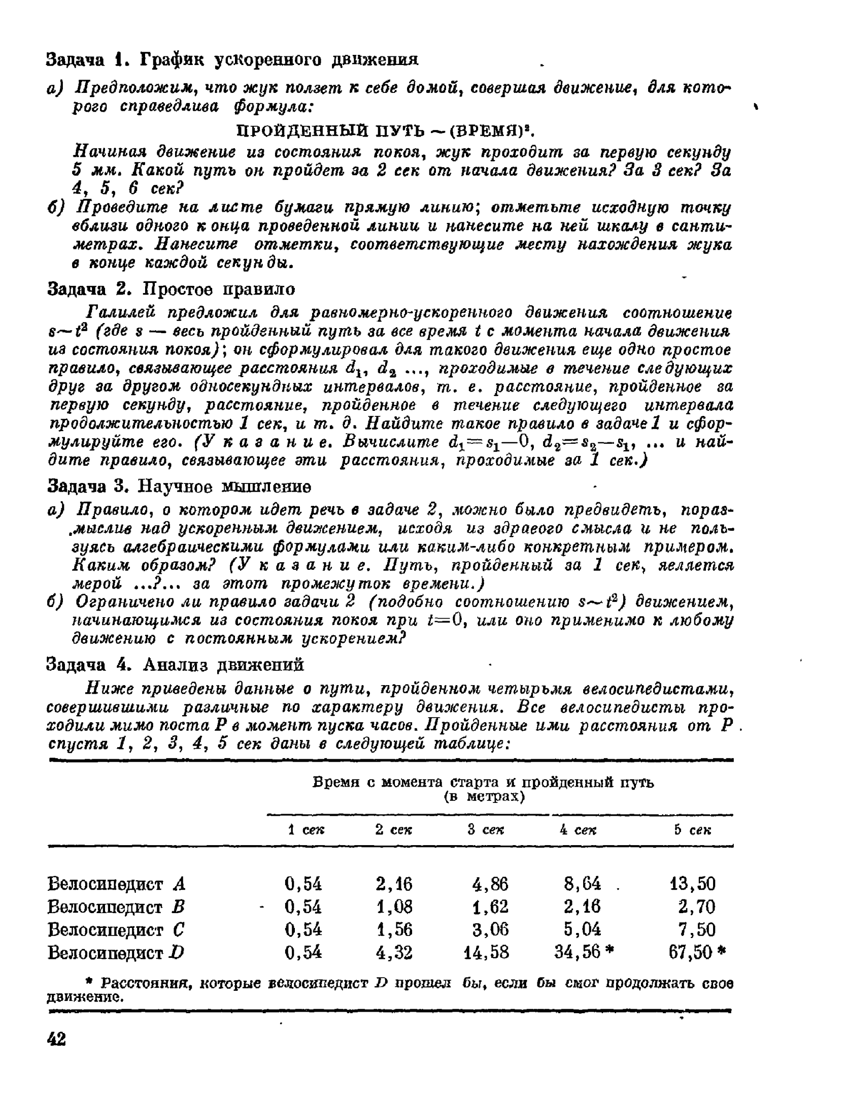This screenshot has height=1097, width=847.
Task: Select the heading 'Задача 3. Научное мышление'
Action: [x=179, y=486]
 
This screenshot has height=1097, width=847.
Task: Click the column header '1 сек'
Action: [x=306, y=829]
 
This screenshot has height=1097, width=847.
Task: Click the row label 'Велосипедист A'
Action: [x=116, y=884]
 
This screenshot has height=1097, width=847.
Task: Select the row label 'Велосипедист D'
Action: [x=115, y=952]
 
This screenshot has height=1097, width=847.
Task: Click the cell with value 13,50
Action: [x=692, y=884]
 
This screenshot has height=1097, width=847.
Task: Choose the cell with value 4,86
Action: [x=490, y=884]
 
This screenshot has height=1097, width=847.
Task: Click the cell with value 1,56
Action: [x=394, y=929]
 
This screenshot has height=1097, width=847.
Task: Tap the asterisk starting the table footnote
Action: [x=51, y=983]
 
